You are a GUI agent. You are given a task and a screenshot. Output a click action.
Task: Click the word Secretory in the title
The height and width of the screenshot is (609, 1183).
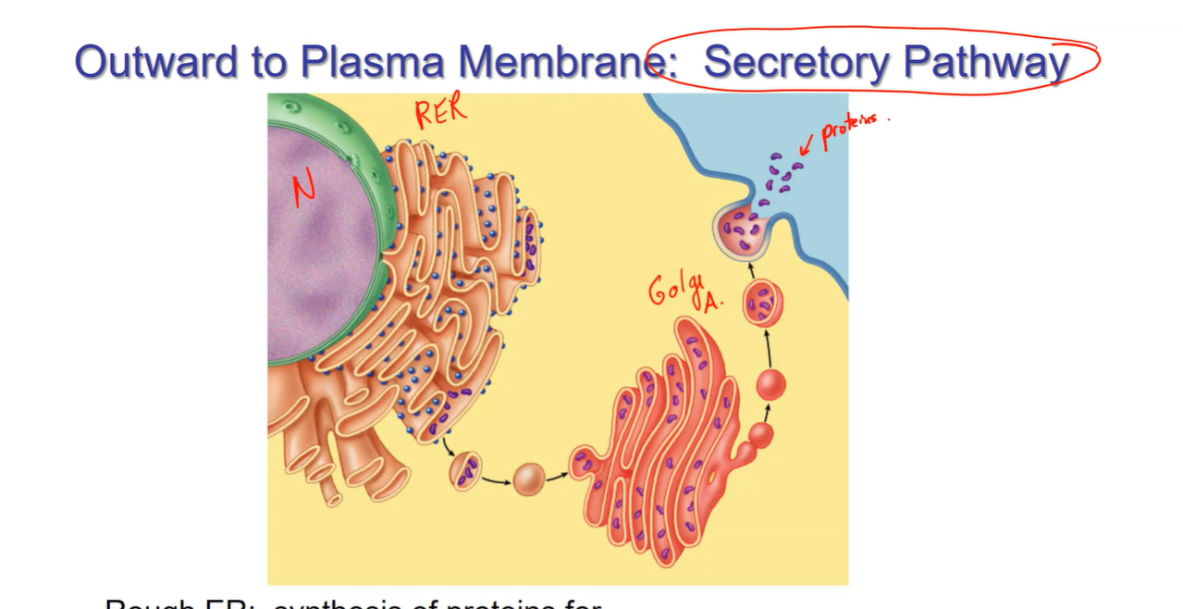click(x=797, y=62)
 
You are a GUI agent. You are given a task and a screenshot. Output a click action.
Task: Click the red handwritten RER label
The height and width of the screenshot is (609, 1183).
click(x=441, y=114)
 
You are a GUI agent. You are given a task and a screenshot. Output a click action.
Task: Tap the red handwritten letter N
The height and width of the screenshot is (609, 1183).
click(x=305, y=191)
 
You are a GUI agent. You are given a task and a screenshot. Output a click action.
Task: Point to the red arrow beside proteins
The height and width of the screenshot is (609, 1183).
click(x=807, y=143)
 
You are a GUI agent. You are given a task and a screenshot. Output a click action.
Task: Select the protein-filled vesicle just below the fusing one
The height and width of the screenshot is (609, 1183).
click(x=763, y=304)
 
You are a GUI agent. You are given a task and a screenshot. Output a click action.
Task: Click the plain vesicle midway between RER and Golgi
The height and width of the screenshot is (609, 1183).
click(x=529, y=478)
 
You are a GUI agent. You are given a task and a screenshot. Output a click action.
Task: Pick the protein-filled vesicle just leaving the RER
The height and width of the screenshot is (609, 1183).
click(x=465, y=469)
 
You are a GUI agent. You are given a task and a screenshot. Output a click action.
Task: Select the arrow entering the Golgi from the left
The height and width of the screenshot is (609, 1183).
click(x=557, y=478)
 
